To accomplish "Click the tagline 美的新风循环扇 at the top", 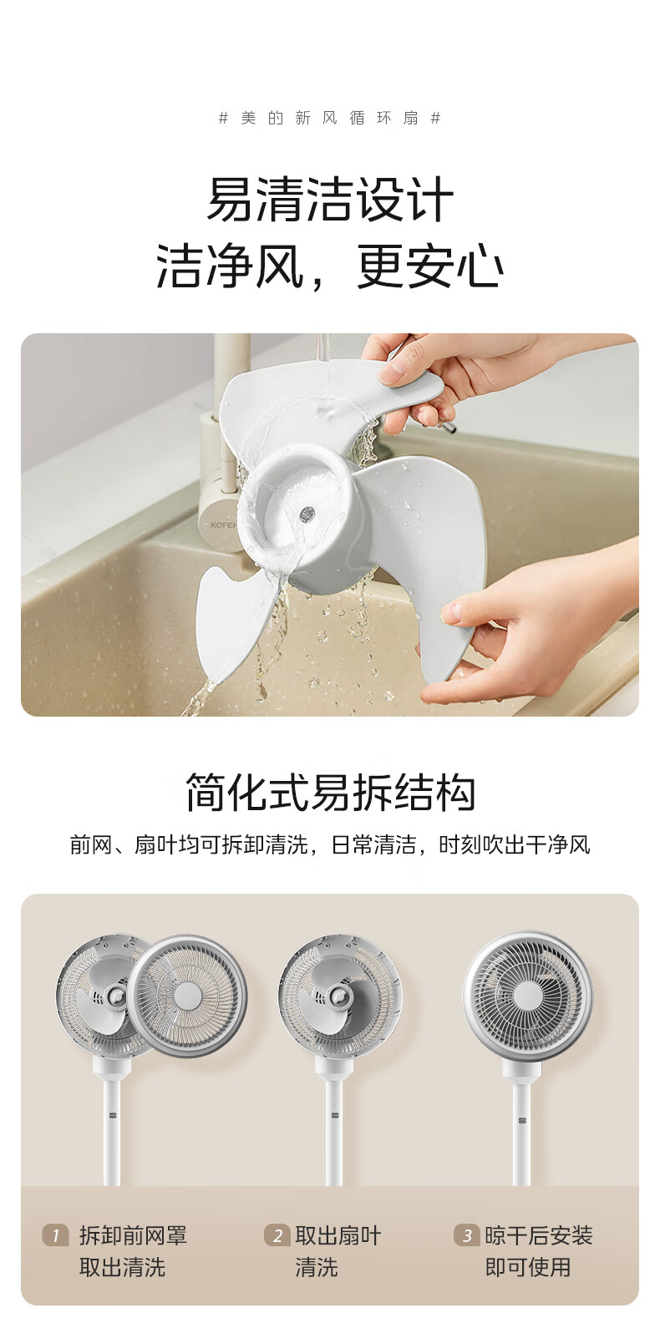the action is [x=330, y=118].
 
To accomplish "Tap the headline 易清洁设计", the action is [x=330, y=200].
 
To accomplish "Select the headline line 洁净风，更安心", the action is [x=330, y=267].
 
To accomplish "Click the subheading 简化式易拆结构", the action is [x=330, y=793].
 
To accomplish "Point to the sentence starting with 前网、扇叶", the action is [x=330, y=844].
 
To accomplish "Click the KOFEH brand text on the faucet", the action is [x=223, y=524].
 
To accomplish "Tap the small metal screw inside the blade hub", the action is [x=306, y=514].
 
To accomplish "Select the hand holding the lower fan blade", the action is [x=532, y=632].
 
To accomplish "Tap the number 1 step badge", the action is [x=55, y=1235].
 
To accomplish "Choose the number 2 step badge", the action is [x=277, y=1235].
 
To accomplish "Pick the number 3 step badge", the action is [x=467, y=1235].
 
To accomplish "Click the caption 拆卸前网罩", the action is [x=133, y=1235].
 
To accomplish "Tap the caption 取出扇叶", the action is [x=338, y=1235].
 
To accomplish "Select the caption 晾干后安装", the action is [x=538, y=1235].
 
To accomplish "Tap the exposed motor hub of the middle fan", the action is [x=338, y=997].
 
